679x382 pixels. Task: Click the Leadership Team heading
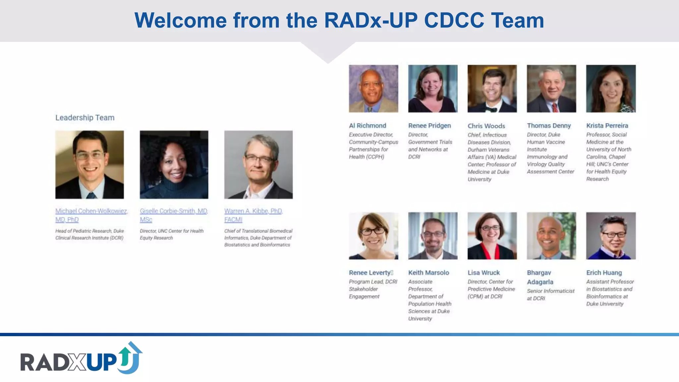tap(85, 118)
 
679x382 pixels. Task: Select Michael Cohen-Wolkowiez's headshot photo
tap(90, 164)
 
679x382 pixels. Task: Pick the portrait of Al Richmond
tap(373, 89)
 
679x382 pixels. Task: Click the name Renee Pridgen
tap(429, 126)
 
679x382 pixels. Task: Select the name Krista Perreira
tap(607, 126)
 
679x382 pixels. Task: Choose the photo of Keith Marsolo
tap(433, 236)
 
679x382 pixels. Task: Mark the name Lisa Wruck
tap(483, 273)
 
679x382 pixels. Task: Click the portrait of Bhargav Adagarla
tap(551, 236)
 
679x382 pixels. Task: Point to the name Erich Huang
tap(604, 273)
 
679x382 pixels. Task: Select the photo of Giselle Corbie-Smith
tap(174, 164)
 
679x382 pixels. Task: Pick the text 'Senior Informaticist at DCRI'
tap(550, 294)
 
